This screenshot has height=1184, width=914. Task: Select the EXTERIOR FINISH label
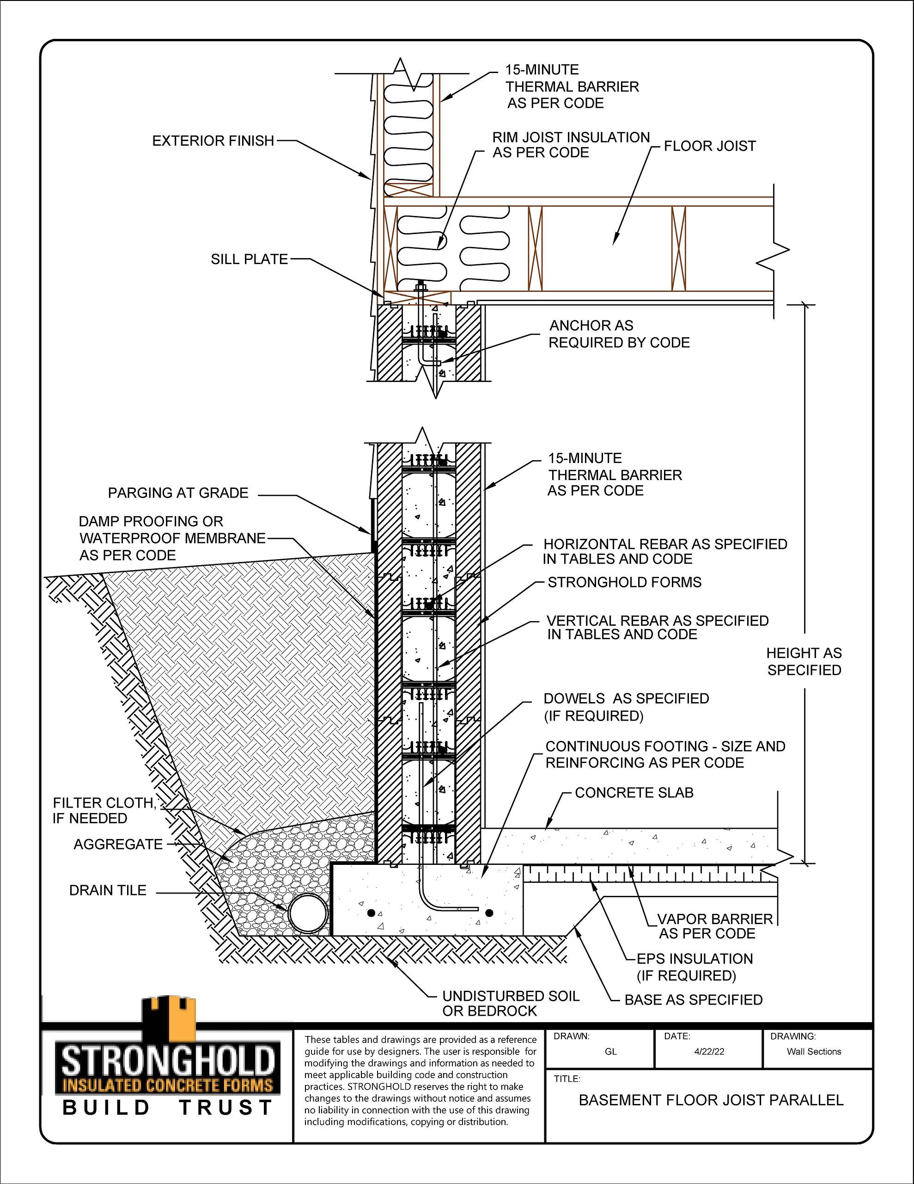213,141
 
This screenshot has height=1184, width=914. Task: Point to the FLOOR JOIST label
710,146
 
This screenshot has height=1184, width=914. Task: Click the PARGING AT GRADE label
178,493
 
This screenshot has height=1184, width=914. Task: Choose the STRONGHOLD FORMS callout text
625,582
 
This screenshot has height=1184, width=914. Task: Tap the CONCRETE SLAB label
634,793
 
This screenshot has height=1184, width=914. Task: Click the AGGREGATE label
118,844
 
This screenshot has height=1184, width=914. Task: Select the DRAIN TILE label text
108,890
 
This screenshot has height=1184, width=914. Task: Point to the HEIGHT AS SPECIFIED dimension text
804,661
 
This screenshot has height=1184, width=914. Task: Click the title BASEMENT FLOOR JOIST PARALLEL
711,1100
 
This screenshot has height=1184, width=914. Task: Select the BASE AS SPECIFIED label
694,999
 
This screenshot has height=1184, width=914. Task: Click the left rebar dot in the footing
371,913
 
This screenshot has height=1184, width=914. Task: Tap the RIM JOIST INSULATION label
571,145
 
